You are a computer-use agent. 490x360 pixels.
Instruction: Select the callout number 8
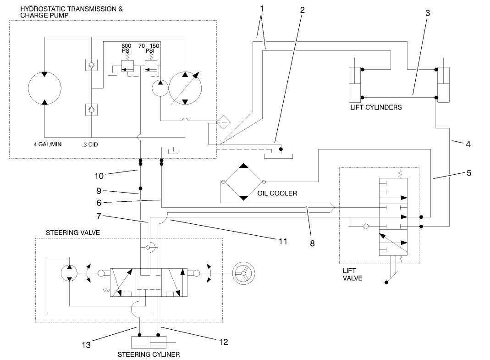tap(312, 244)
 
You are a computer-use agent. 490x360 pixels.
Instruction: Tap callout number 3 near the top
tap(427, 13)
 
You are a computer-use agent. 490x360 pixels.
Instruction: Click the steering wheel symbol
tap(243, 273)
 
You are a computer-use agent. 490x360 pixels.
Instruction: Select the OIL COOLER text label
tap(277, 193)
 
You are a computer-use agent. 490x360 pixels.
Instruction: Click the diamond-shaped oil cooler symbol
tap(243, 182)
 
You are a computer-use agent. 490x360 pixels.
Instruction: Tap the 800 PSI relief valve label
tap(126, 49)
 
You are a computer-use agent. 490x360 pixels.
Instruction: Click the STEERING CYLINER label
tap(149, 354)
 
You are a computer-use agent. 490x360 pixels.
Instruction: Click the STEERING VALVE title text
tap(72, 233)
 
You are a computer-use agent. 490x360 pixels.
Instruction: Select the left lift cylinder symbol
tap(356, 85)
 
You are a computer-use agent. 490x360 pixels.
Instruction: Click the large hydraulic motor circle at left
tap(44, 87)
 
